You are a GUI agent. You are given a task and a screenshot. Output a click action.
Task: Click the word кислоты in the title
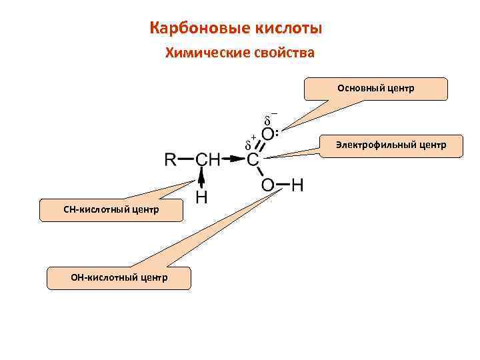[289, 29]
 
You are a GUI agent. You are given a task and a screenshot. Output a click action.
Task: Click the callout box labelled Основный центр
[375, 89]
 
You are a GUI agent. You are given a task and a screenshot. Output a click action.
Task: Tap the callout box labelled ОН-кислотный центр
[119, 277]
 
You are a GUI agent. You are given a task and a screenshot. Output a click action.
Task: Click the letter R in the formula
[170, 160]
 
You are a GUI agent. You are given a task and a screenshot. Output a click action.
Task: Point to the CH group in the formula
[207, 160]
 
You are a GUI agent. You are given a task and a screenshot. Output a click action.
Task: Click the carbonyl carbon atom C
[253, 160]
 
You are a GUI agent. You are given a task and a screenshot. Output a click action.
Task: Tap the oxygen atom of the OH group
[268, 185]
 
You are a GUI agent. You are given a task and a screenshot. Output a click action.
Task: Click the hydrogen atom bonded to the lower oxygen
[297, 185]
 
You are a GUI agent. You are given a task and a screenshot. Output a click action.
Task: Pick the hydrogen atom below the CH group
[201, 197]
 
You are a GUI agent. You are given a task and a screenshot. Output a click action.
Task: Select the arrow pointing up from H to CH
[201, 179]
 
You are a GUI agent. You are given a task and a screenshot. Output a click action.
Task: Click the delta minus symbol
[269, 120]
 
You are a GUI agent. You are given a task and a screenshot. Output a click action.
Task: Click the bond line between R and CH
[187, 160]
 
